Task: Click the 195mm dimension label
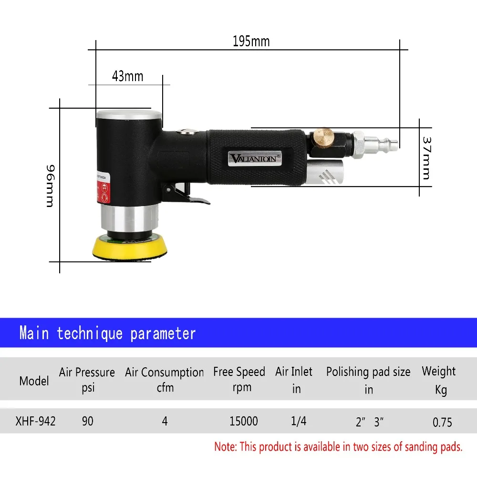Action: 251,41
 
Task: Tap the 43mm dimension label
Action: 127,76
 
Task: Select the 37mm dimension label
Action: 425,158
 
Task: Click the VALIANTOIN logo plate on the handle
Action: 256,157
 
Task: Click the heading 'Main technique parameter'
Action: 107,333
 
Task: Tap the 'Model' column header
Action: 34,381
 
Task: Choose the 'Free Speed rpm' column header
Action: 239,379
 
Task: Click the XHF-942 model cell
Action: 35,421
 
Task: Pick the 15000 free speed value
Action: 243,421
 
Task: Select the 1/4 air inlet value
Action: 299,421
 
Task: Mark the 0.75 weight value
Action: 442,422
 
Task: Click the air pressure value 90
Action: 87,421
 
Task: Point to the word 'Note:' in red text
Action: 226,447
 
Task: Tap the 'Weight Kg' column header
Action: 439,380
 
